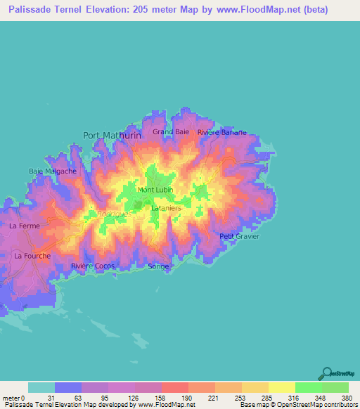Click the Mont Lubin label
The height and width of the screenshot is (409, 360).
[x=156, y=190]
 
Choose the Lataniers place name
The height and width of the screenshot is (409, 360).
[x=167, y=208]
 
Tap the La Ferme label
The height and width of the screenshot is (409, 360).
[x=25, y=226]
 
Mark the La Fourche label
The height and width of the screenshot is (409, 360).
[x=32, y=256]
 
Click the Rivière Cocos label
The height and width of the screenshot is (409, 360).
[x=93, y=266]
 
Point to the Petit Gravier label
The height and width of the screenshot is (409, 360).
[x=240, y=236]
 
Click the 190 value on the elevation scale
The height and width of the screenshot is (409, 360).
[x=188, y=398]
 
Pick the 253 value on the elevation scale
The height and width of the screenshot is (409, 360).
[x=241, y=398]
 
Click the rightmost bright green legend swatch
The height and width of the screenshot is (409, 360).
[x=335, y=387]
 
